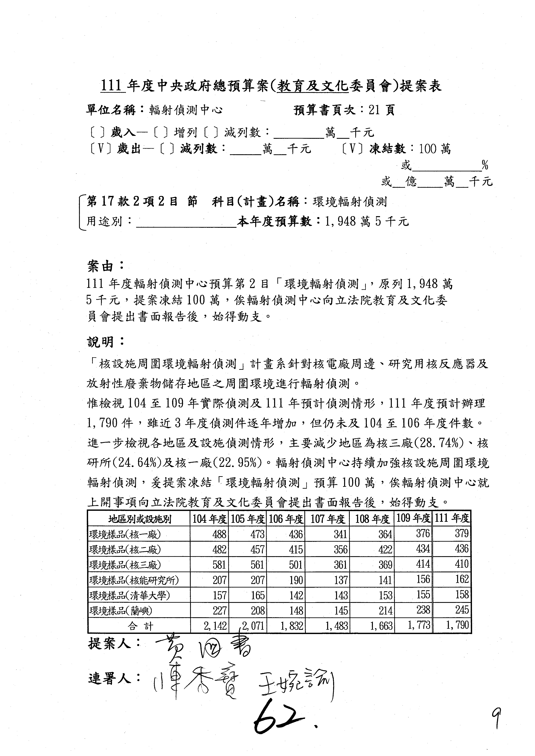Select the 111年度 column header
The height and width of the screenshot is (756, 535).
(x=452, y=519)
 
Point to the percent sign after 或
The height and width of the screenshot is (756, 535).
(x=485, y=165)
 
